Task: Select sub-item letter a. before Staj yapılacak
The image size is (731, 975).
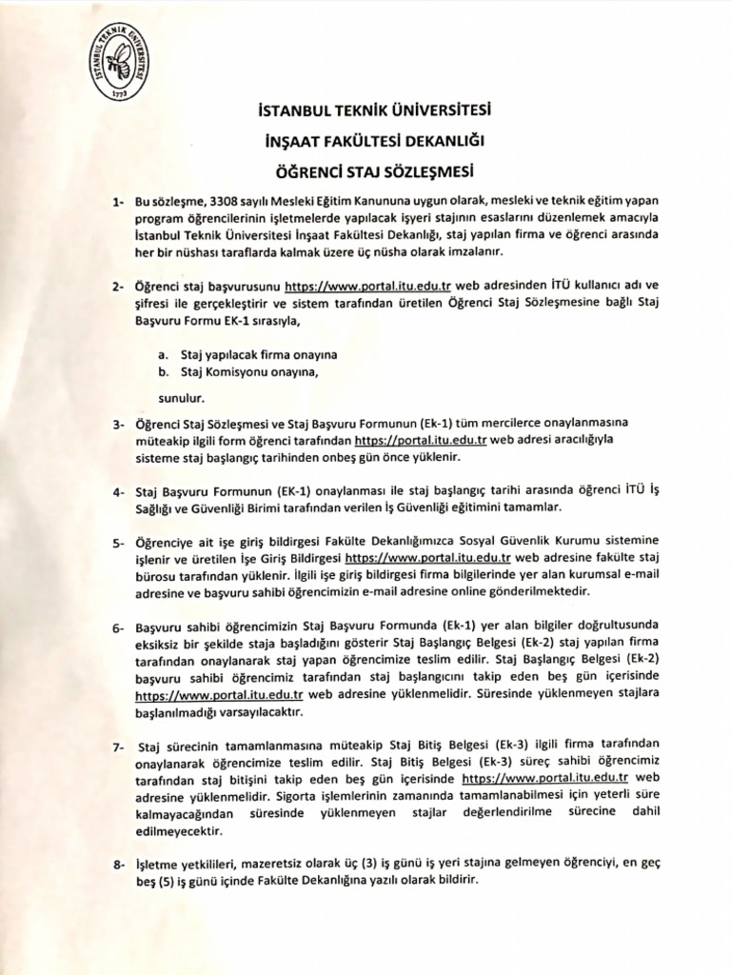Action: [x=165, y=354]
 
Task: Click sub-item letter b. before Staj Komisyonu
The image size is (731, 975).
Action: [x=165, y=371]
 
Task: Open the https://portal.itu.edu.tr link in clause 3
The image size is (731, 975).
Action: [x=421, y=441]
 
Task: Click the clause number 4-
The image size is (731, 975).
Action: [x=118, y=492]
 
